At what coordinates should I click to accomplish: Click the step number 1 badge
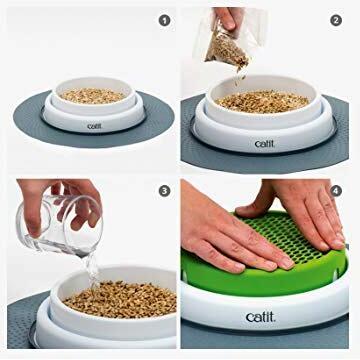(x=164, y=21)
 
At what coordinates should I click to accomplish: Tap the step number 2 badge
(x=336, y=21)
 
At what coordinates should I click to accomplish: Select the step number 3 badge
(x=164, y=191)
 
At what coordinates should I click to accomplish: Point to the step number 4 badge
(x=336, y=191)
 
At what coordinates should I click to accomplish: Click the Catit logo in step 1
(x=94, y=126)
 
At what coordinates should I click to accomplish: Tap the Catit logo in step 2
(x=264, y=144)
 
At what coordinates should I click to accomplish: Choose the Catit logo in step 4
(x=261, y=317)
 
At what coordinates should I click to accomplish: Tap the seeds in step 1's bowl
(x=93, y=96)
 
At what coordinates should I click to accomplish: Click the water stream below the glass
(x=91, y=269)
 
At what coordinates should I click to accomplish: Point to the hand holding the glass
(x=58, y=203)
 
